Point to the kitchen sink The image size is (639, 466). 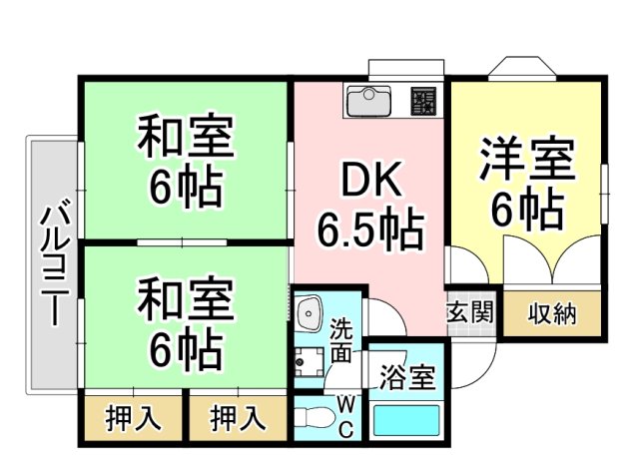pos(370,101)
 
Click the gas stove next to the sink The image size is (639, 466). pos(423,101)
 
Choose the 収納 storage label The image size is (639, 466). pos(551,313)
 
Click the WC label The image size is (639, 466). pos(344,417)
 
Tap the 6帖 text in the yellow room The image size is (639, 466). pos(526,209)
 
